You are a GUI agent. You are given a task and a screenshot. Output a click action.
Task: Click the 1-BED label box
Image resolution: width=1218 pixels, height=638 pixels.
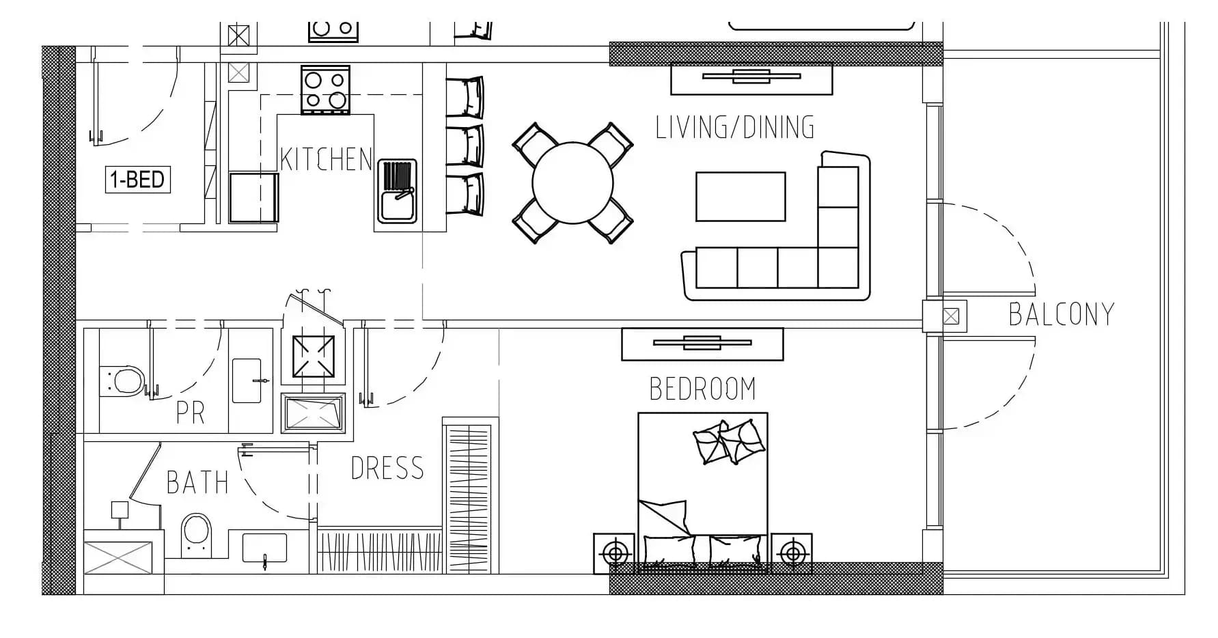pyautogui.click(x=137, y=180)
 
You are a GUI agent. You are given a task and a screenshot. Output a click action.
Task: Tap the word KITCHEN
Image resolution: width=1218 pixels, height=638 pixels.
pyautogui.click(x=326, y=159)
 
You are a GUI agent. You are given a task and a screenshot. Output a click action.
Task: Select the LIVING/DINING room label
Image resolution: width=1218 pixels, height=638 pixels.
pyautogui.click(x=735, y=128)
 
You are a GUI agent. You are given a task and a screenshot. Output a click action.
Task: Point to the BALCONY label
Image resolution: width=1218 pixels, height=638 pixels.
pyautogui.click(x=1062, y=314)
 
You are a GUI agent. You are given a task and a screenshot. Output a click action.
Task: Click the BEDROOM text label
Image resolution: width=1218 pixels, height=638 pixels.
pyautogui.click(x=703, y=389)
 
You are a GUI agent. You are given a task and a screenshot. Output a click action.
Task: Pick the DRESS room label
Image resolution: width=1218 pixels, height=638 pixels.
pyautogui.click(x=387, y=469)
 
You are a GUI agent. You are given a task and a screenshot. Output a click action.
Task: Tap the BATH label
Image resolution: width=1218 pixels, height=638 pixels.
pyautogui.click(x=197, y=483)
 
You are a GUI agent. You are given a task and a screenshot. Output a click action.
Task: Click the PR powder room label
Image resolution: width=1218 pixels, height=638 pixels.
pyautogui.click(x=191, y=413)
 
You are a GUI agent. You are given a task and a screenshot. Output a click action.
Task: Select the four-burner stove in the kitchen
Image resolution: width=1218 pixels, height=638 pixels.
pyautogui.click(x=325, y=90)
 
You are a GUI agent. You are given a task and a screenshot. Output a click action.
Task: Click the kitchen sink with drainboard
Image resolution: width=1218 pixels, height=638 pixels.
pyautogui.click(x=397, y=192)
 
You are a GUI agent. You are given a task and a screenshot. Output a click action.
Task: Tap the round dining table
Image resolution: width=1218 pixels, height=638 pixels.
pyautogui.click(x=572, y=182)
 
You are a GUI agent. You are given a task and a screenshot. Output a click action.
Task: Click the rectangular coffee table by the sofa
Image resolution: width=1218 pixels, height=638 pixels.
pyautogui.click(x=741, y=197)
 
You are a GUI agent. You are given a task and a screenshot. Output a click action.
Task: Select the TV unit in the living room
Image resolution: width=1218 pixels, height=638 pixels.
pyautogui.click(x=751, y=78)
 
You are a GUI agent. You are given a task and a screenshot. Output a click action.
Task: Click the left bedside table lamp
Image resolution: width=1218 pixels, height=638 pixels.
pyautogui.click(x=615, y=552)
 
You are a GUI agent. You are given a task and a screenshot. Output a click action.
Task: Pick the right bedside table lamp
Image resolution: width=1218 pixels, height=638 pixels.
pyautogui.click(x=792, y=552)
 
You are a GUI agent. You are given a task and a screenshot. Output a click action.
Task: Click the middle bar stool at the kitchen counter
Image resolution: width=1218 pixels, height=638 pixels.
pyautogui.click(x=465, y=145)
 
